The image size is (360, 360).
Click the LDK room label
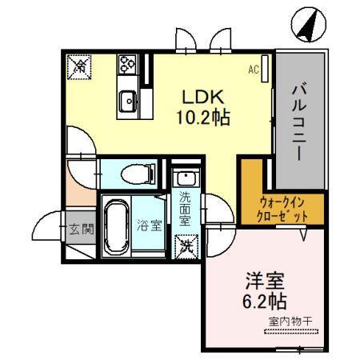click(203, 98)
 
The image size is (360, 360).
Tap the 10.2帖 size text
click(203, 118)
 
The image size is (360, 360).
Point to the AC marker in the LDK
click(254, 70)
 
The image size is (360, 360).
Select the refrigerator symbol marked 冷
click(79, 66)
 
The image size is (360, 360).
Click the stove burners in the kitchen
click(127, 64)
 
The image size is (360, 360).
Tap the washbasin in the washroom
click(185, 178)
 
